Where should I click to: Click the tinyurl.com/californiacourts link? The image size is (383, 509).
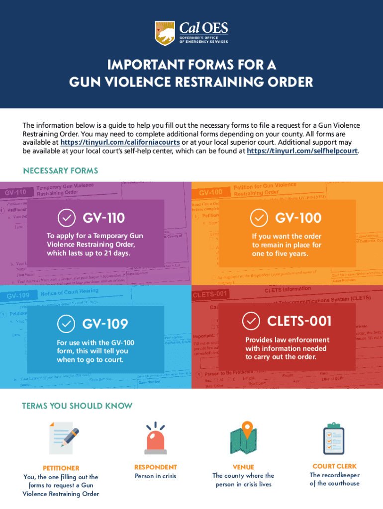point(120,143)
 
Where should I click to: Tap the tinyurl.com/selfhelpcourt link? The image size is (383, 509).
point(302,151)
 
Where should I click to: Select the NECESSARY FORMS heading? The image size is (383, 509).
point(61,171)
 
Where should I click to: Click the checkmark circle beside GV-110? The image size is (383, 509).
point(66,218)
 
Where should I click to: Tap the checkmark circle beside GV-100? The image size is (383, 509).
point(258,218)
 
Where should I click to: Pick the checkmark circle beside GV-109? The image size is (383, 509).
point(66,324)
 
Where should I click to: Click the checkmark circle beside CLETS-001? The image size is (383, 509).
point(251,321)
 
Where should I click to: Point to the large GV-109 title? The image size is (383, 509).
point(105,324)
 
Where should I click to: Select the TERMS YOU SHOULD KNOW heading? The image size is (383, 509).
point(77,406)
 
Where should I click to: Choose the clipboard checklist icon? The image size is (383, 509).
point(333,438)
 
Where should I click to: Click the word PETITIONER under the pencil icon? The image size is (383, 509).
point(61,468)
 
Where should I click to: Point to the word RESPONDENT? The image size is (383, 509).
point(155,467)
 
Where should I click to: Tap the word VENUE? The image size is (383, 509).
point(243,467)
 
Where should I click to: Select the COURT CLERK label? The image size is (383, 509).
point(334,466)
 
